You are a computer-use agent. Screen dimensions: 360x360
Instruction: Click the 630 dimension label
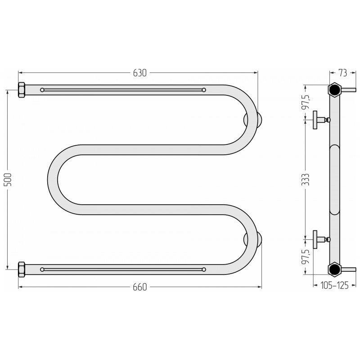tap(139, 73)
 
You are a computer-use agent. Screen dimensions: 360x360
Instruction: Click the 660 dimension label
tap(139, 287)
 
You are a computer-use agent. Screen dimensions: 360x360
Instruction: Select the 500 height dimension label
tap(8, 180)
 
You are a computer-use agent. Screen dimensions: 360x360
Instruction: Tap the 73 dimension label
tap(342, 73)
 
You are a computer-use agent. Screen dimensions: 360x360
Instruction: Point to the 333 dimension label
tap(306, 180)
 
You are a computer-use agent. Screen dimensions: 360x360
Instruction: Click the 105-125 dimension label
tap(334, 285)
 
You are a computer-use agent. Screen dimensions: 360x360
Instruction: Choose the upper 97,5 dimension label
tap(307, 102)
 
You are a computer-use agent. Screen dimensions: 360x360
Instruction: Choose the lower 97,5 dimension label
tap(307, 257)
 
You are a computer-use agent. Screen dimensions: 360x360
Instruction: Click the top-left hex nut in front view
tap(22, 90)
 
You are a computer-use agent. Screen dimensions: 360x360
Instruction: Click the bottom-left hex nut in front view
tap(22, 270)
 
